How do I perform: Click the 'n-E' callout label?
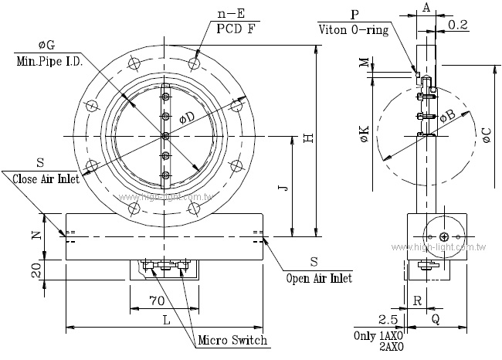pos(232,13)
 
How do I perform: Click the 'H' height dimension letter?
pos(307,138)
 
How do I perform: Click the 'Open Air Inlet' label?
pos(319,277)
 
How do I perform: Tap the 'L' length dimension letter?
pos(166,319)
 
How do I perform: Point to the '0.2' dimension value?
pos(458,25)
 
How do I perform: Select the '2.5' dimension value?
pos(388,318)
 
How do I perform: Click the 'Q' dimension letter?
pos(436,318)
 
